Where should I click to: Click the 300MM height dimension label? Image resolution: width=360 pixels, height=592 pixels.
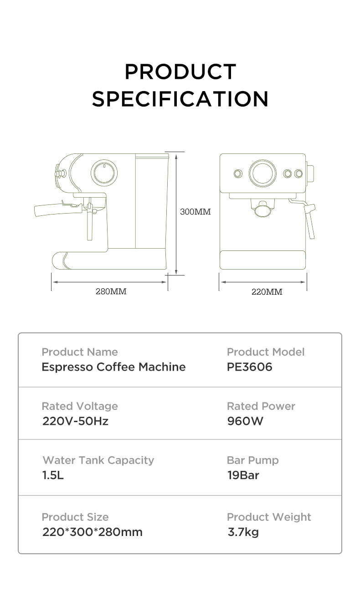pos(195,212)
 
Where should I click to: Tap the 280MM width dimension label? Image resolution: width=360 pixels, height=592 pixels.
pos(111,291)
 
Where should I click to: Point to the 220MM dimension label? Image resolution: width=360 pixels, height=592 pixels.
pos(267,292)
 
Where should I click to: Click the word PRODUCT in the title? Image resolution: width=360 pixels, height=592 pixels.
pos(180,71)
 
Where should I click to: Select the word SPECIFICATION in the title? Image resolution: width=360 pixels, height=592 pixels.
pos(180,99)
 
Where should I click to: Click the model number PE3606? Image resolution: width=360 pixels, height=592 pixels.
pos(249,367)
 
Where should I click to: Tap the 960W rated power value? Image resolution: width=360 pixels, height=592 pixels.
pos(245,421)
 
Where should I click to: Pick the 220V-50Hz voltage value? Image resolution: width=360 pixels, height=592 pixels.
pos(75,421)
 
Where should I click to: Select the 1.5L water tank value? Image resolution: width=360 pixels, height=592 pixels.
pos(53,475)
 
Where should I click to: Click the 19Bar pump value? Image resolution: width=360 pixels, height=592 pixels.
pos(243,475)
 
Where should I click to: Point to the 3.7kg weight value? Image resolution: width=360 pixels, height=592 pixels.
pos(243,532)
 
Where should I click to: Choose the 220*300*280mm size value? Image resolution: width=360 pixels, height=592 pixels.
pos(93,532)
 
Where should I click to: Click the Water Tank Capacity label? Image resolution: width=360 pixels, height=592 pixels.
pos(98,461)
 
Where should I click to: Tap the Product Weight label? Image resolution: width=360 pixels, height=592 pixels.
pos(269,517)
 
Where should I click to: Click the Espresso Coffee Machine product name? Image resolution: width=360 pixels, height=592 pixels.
pos(114,367)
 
